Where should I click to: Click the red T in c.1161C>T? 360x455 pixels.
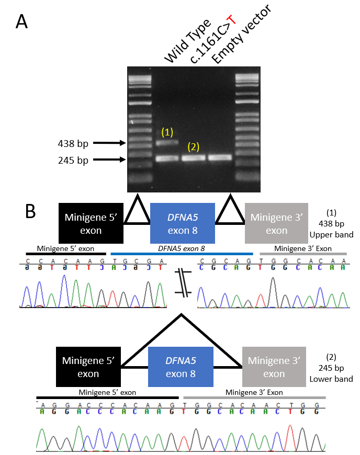230,21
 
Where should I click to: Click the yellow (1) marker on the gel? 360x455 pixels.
167,132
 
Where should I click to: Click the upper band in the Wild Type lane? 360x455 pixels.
167,142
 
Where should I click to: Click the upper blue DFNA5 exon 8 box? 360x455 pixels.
182,223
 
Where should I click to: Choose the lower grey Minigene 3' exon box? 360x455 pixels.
274,367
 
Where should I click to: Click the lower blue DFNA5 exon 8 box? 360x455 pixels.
183,367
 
